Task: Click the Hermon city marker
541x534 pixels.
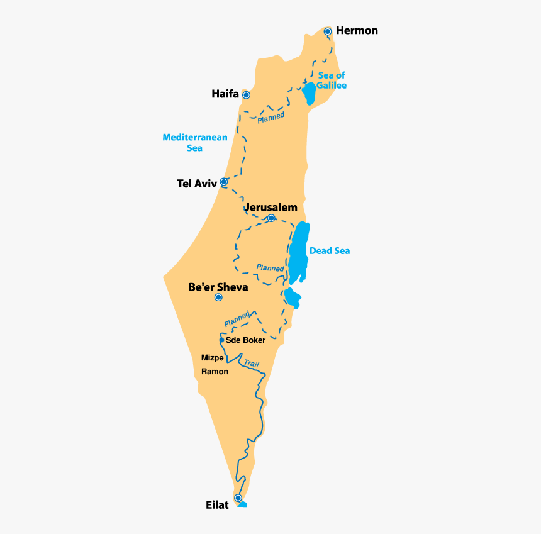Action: click(x=328, y=31)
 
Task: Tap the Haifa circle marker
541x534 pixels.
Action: click(x=247, y=95)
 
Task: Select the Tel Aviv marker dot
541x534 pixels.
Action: click(x=223, y=182)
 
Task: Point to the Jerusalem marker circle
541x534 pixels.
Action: click(x=271, y=218)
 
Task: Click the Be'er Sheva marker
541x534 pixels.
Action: click(x=218, y=298)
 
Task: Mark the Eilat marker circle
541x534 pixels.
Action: click(x=238, y=498)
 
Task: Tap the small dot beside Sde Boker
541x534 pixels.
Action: click(x=221, y=340)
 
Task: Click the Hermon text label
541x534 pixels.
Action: click(x=357, y=30)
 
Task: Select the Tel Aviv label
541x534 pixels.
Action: click(x=197, y=184)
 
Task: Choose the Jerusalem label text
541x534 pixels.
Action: click(x=270, y=206)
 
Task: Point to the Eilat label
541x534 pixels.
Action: click(x=217, y=505)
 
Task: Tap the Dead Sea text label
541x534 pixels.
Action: click(x=329, y=251)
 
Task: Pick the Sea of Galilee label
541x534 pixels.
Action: click(x=332, y=81)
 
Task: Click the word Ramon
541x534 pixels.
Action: click(x=215, y=372)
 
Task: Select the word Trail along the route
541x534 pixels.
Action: click(x=251, y=364)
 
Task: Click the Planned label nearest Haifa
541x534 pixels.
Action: click(x=270, y=116)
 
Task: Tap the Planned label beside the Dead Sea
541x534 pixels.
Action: click(x=270, y=267)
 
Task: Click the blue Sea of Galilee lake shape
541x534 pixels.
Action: click(x=309, y=93)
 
